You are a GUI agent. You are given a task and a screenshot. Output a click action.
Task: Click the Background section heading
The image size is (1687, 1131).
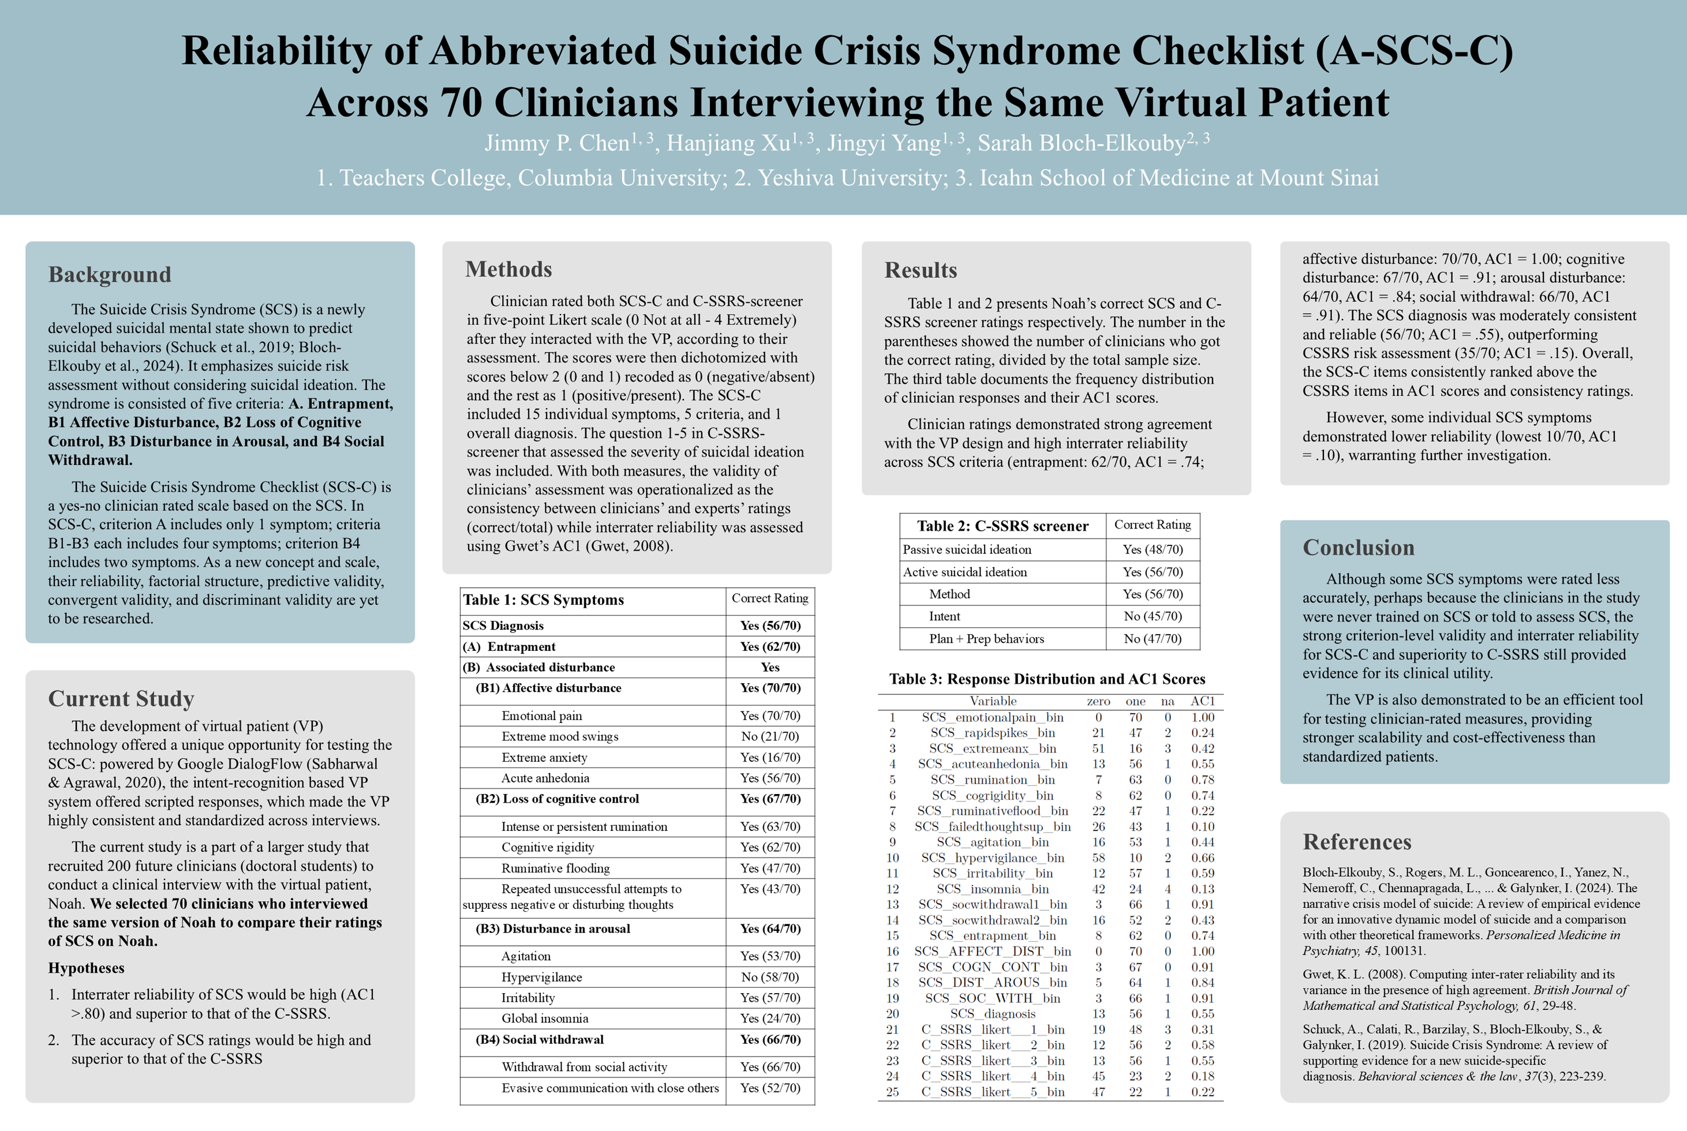(110, 275)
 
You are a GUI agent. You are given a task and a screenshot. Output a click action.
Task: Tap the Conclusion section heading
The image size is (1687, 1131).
(1358, 548)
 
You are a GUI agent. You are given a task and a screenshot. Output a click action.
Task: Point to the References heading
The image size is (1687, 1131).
(1357, 842)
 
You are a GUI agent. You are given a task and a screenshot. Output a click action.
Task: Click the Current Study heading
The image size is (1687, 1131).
(121, 698)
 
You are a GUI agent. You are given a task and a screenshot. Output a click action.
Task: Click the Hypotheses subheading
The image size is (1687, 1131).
(86, 968)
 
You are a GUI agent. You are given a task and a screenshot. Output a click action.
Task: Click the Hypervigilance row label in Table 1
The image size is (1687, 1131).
(542, 978)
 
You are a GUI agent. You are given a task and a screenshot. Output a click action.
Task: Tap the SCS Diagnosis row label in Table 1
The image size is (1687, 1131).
(503, 626)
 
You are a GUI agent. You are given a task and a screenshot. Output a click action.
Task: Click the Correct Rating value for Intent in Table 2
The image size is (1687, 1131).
(1152, 617)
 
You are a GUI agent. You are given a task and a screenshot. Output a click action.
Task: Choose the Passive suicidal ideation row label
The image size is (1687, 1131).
(967, 549)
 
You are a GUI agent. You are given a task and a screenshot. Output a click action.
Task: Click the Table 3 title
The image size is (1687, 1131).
(1046, 679)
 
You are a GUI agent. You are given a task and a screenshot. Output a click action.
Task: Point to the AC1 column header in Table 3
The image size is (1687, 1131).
(1202, 701)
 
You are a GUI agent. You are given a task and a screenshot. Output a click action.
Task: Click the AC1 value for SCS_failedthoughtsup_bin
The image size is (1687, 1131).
(1202, 826)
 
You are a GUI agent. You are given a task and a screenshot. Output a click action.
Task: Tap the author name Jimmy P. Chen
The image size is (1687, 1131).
(557, 143)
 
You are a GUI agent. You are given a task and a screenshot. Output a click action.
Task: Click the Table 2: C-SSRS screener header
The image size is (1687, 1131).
(1003, 526)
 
